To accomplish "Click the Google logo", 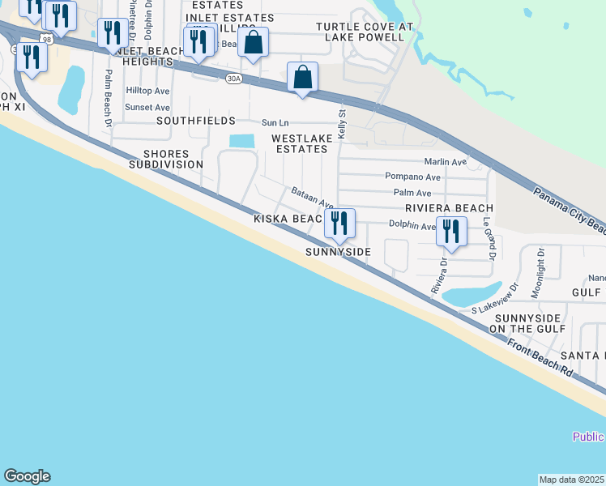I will point(27,476).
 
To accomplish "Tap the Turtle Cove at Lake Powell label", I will point(365,32).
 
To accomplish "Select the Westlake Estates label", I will point(301,143).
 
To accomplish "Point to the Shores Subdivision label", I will point(165,159).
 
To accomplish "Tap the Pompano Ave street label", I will point(413,177).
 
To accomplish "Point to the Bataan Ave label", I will point(314,198).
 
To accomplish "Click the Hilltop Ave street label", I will point(147,91).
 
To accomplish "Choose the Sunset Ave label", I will point(147,107).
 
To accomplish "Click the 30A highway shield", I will point(234,79).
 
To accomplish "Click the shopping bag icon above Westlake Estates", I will point(303,78).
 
